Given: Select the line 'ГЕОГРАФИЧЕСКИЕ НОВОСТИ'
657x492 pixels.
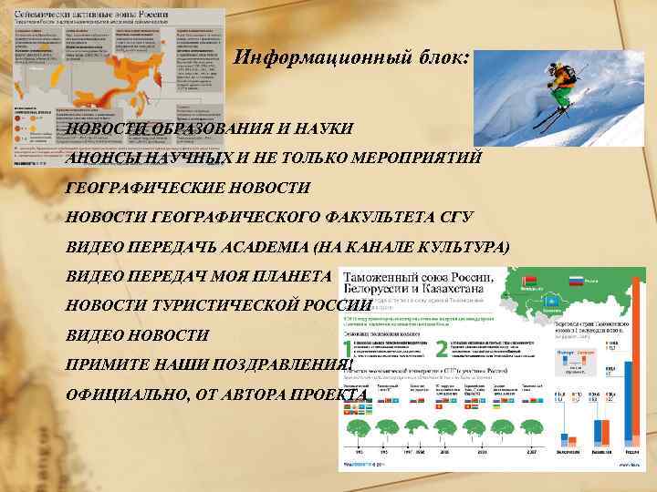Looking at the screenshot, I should tap(188, 188).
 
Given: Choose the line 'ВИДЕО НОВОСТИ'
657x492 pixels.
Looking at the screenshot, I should tap(137, 335).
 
